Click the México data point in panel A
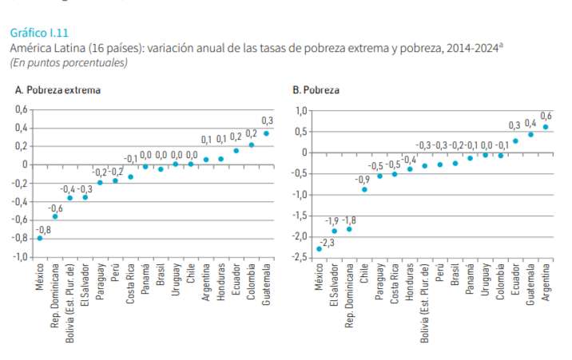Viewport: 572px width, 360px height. pos(40,238)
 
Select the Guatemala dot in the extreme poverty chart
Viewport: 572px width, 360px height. pos(266,133)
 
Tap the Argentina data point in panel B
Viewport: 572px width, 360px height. pos(546,127)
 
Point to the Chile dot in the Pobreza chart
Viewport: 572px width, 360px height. pos(364,189)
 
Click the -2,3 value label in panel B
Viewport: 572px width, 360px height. pos(327,242)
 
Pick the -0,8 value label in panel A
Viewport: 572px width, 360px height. pos(45,230)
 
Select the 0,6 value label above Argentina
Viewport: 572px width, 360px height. pos(546,116)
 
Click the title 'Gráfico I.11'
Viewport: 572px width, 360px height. pos(39,33)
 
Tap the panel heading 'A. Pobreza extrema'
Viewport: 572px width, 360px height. pos(58,90)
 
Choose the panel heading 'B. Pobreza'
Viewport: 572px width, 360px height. pos(316,90)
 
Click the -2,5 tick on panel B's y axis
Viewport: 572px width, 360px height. pos(300,257)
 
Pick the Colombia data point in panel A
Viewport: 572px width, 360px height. pos(251,144)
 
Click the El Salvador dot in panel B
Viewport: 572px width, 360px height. pos(334,231)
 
